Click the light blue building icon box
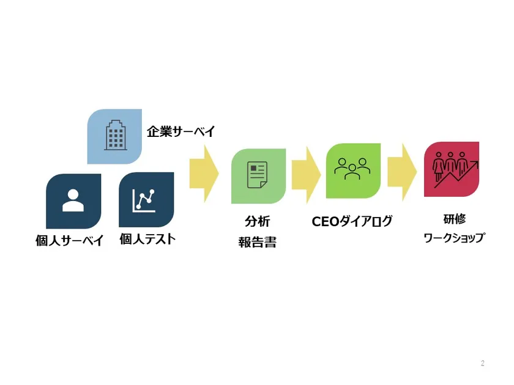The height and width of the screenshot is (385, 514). [x=114, y=136]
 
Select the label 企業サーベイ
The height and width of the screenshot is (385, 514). [x=181, y=131]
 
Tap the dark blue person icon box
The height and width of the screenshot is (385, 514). [x=73, y=201]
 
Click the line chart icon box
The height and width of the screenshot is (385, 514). [x=146, y=200]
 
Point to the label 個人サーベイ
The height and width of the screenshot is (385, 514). [x=70, y=240]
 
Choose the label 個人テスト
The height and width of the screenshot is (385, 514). [x=147, y=239]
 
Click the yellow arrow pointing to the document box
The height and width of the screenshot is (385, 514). [x=204, y=174]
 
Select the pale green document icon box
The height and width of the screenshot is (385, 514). [x=258, y=176]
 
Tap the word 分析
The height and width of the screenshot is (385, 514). [x=258, y=221]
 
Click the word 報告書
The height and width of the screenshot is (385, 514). [x=258, y=242]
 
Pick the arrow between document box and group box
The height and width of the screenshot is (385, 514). [x=306, y=175]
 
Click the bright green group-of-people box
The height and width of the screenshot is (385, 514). [x=353, y=170]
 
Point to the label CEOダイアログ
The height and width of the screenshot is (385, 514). [x=352, y=221]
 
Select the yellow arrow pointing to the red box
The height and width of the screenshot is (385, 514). [x=402, y=172]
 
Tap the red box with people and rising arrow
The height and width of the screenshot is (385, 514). [x=452, y=169]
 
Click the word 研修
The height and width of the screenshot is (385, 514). [x=454, y=219]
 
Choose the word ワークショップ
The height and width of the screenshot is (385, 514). [x=454, y=238]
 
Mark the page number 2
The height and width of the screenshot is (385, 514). [x=483, y=363]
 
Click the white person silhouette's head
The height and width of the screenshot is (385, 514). [x=73, y=194]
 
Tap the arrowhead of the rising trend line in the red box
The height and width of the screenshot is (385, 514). [x=476, y=163]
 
